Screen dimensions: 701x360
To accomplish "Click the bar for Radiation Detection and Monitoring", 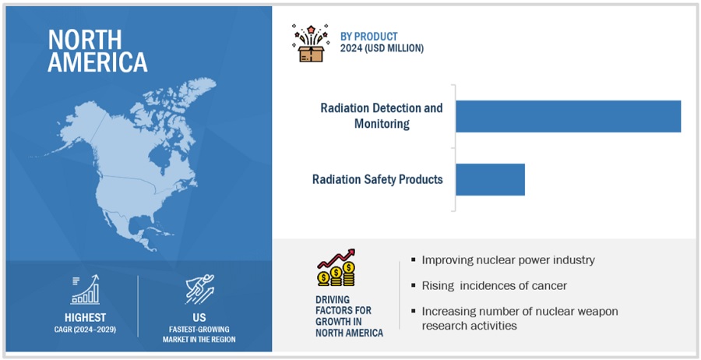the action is (x=569, y=116).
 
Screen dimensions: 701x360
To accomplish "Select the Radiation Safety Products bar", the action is (x=491, y=179).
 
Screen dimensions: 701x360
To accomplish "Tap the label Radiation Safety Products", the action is (x=377, y=179).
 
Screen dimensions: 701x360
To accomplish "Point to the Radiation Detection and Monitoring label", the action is (x=382, y=115).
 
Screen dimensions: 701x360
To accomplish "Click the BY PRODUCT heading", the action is (x=369, y=37).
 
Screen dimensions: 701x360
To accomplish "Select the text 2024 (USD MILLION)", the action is (x=382, y=48).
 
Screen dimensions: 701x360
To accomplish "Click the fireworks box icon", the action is (x=311, y=44).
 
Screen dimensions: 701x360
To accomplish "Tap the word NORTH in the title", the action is (x=84, y=40).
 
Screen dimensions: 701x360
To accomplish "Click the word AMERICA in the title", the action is (x=97, y=62).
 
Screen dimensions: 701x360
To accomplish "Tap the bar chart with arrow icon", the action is (x=85, y=290).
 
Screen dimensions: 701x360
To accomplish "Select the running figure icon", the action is (x=199, y=289).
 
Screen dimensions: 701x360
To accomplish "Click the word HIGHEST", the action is (x=85, y=317).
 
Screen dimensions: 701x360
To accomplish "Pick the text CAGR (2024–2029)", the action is (x=85, y=330).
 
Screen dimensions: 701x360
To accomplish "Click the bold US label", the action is (x=199, y=317).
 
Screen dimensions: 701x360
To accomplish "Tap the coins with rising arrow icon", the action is (x=336, y=268).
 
